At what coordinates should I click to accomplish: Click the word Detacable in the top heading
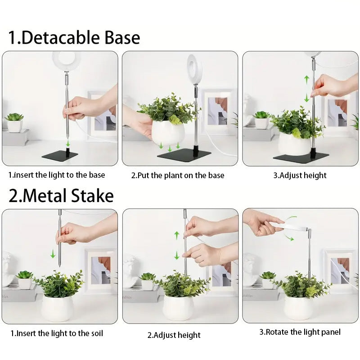point(61,37)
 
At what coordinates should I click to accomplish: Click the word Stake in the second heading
point(92,196)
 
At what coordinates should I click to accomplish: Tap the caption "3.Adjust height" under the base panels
point(300,175)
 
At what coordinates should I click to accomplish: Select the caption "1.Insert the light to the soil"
point(57,333)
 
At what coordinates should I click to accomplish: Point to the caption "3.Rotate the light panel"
point(300,332)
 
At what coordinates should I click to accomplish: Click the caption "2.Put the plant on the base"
point(178,175)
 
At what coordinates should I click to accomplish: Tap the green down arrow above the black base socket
point(68,144)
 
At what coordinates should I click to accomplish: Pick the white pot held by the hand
point(168,132)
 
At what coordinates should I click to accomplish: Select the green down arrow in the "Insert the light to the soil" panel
point(53,253)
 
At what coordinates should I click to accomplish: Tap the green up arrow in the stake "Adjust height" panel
point(176,235)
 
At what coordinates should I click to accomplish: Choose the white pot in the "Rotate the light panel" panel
point(298,307)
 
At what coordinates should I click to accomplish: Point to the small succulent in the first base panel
point(14,117)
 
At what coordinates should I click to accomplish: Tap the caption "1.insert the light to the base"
point(57,175)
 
